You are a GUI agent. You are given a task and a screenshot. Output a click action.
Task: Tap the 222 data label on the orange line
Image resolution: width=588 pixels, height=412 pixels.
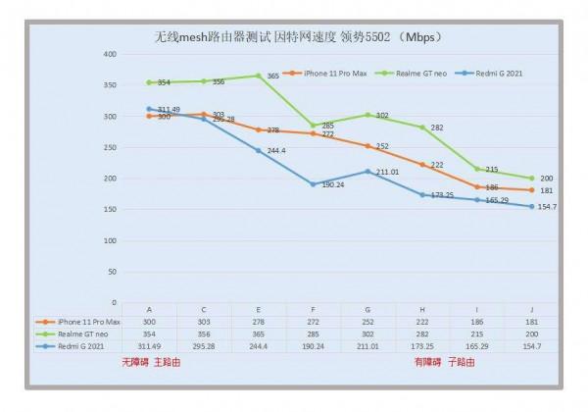[x=436, y=165]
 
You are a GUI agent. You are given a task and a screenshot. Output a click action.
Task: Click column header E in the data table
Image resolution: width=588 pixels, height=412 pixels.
[x=258, y=309]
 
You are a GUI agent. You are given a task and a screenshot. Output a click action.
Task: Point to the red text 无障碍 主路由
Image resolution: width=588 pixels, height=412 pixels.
[x=152, y=363]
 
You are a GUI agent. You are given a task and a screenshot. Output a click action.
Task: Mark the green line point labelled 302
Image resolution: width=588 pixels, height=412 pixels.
[x=367, y=115]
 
